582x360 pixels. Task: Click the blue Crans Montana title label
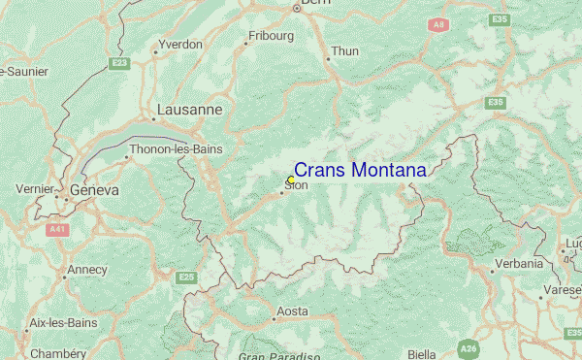coord(359,171)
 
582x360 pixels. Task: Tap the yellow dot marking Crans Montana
coord(291,180)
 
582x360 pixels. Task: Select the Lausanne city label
coord(189,110)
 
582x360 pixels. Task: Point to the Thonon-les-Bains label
coord(176,149)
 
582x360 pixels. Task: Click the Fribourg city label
coord(271,36)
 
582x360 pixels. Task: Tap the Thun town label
coord(344,51)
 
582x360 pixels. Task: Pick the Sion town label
coord(296,185)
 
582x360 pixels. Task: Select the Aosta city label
coord(292,311)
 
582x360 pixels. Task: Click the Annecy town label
coord(86,270)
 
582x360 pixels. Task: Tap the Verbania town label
coord(518,263)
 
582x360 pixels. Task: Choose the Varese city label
coord(562,289)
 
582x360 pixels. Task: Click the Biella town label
coord(421,354)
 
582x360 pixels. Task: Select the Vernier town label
coord(35,188)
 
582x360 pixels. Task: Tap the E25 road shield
coord(186,278)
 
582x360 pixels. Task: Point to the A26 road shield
coord(469,347)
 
